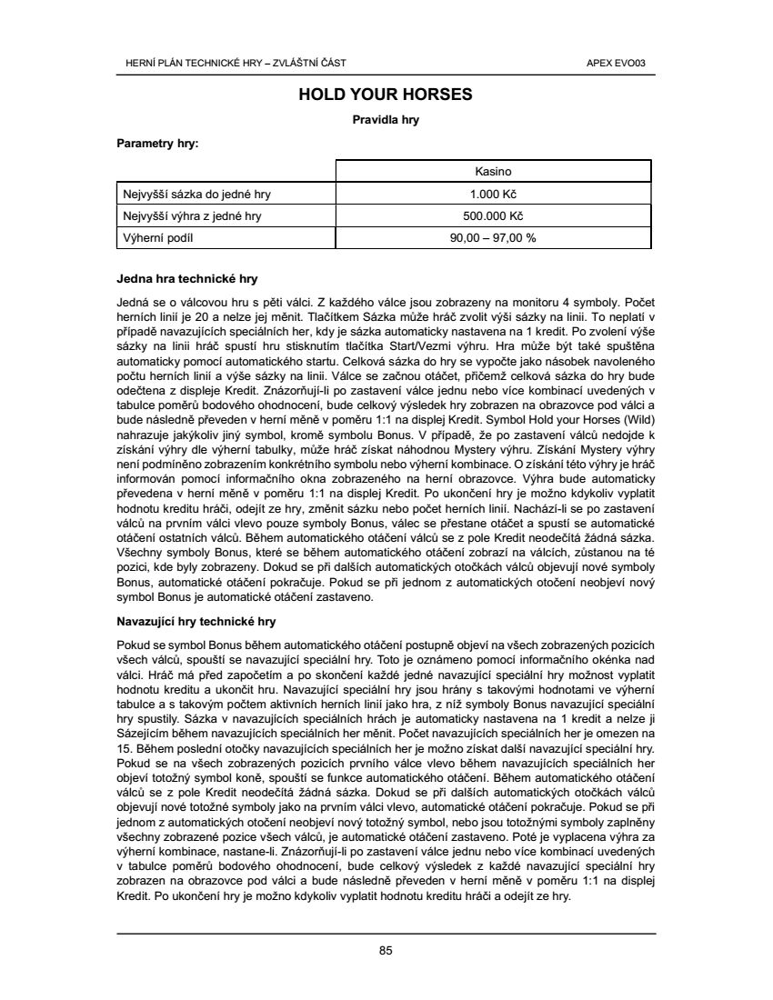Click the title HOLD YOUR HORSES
tap(386, 95)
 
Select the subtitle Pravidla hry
tap(386, 119)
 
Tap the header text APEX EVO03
tap(623, 63)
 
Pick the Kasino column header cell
tap(493, 172)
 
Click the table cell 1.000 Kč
tap(493, 195)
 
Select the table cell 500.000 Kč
tap(493, 216)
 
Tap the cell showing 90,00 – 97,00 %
tap(493, 238)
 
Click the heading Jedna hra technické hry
tap(189, 278)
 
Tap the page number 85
tap(386, 951)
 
